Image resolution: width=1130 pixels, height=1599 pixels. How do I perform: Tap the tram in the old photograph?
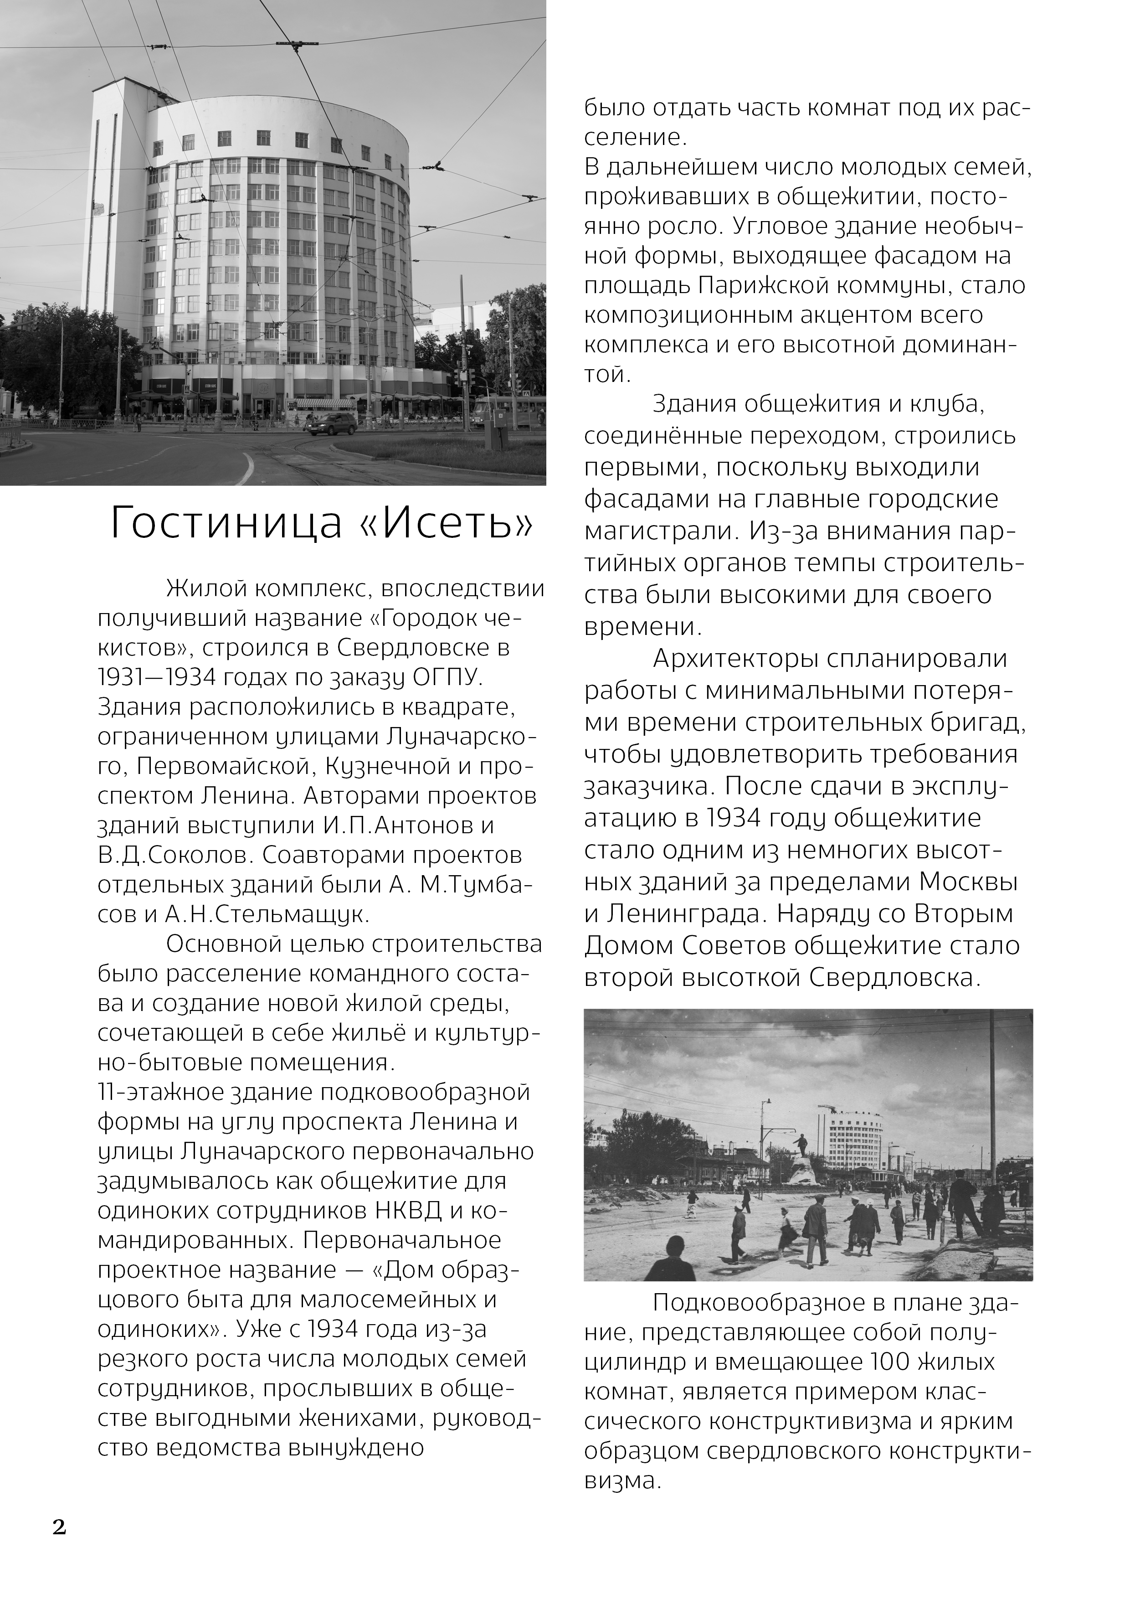coord(882,1176)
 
